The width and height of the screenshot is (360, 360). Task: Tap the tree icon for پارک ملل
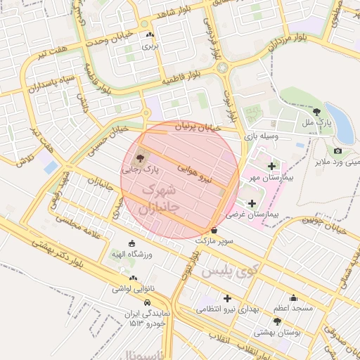click(316, 110)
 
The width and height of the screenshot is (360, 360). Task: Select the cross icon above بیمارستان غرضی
click(252, 203)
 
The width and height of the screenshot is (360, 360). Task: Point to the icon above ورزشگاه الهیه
click(132, 243)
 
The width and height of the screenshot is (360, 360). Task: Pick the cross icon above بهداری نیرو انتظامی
click(227, 298)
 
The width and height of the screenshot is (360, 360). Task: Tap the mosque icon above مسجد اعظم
click(293, 298)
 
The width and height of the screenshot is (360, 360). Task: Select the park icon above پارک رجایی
click(139, 159)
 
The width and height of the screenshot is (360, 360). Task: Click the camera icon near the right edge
click(338, 151)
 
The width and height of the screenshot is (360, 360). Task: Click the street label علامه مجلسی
click(89, 232)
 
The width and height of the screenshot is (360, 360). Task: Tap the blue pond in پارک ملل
click(342, 122)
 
